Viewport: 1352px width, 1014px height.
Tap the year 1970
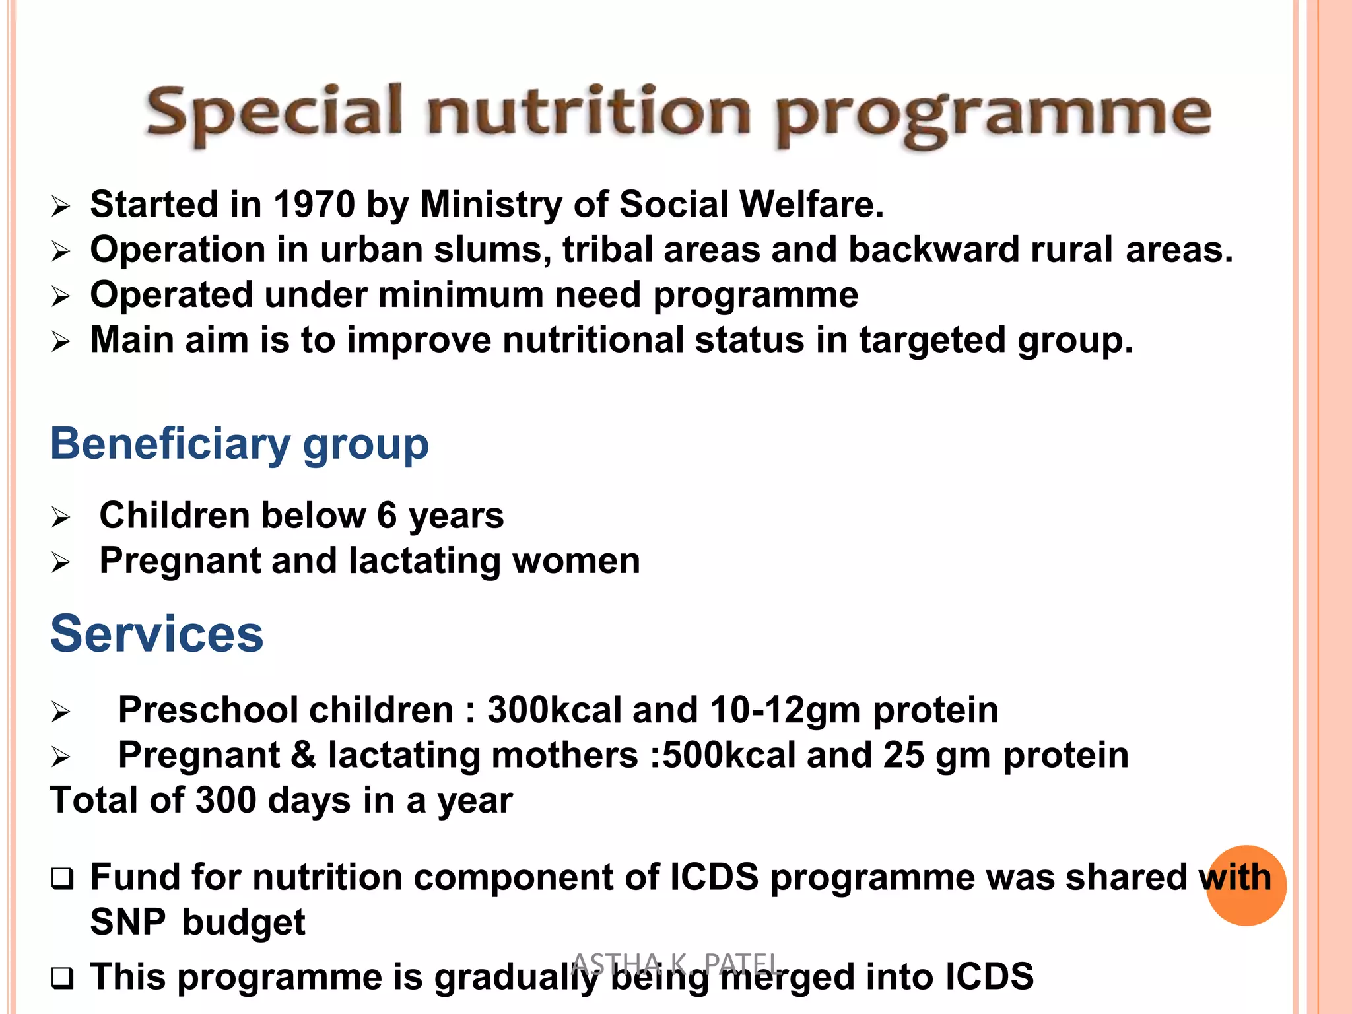(x=314, y=204)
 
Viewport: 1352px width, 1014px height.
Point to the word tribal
(x=607, y=250)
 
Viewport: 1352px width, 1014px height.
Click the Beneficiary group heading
(x=239, y=444)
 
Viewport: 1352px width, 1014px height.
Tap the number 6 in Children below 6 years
(x=387, y=515)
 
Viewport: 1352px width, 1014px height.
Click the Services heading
(x=157, y=634)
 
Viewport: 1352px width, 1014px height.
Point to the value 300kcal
(x=554, y=710)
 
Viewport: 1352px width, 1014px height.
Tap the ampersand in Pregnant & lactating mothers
(x=303, y=755)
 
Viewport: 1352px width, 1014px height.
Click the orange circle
(x=1246, y=885)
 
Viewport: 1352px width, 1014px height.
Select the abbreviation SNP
(x=127, y=922)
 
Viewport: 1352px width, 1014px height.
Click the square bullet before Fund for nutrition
(x=62, y=879)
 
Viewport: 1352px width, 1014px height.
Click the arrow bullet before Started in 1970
(x=60, y=207)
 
